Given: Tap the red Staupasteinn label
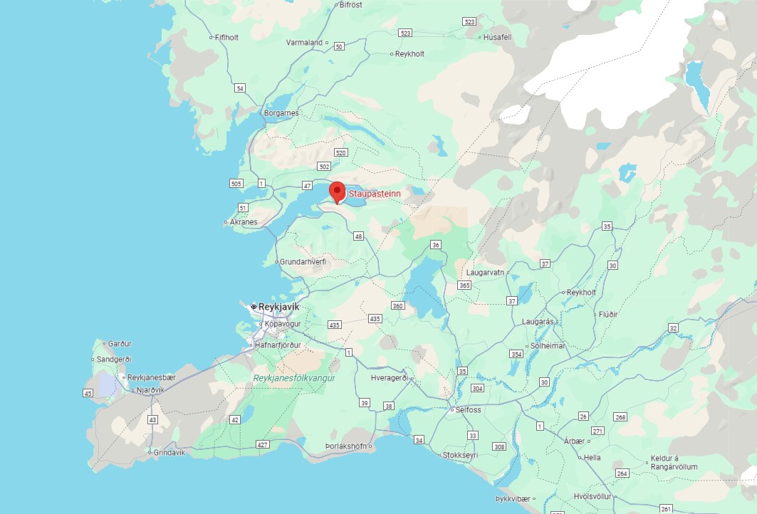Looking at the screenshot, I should tap(375, 193).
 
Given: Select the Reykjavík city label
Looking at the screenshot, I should tap(278, 307).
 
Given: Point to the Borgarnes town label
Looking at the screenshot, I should tap(281, 113).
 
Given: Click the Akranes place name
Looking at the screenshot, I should tap(243, 222).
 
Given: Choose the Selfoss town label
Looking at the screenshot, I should tap(468, 410).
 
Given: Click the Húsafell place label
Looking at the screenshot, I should tap(497, 37).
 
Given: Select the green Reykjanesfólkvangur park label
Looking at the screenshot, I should tap(293, 378).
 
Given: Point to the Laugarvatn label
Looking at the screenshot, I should tap(485, 273).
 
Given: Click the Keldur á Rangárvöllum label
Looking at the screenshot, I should tap(674, 463).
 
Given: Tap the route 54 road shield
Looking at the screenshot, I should tap(240, 88).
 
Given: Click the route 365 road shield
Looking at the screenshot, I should tap(464, 285).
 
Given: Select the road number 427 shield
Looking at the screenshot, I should tap(263, 445).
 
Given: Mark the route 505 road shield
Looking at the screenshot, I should tap(236, 184).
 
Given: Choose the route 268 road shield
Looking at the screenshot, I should tap(620, 417).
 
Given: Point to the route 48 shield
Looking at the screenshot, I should tap(358, 236).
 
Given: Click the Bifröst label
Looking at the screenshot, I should tap(352, 5).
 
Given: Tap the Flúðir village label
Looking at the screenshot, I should tap(608, 314).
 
